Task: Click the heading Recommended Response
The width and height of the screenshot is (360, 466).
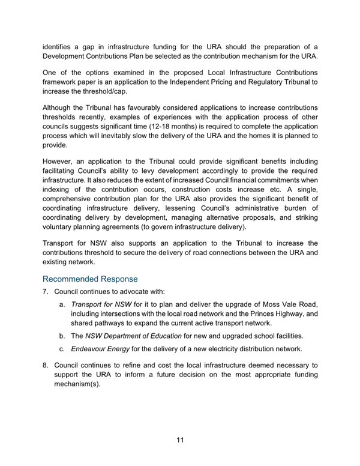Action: (x=90, y=279)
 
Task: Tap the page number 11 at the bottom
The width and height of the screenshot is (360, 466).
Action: (x=180, y=440)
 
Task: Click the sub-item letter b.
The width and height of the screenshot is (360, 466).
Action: (x=62, y=334)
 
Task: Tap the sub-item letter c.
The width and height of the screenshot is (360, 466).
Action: (x=62, y=349)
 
